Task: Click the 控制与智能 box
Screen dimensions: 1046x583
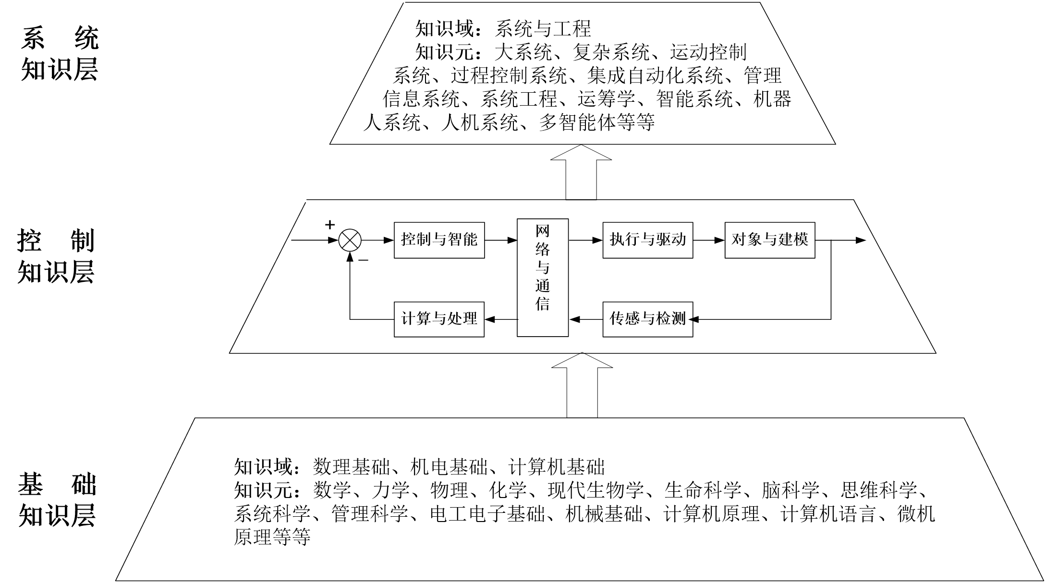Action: [x=439, y=240]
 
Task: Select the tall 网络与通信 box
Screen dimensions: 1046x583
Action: [x=543, y=278]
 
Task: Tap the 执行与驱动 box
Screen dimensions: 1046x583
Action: [x=648, y=240]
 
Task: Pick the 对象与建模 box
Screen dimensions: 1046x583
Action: [x=770, y=240]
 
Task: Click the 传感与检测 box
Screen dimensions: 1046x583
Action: [x=648, y=319]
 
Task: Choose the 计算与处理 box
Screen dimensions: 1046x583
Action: [x=439, y=319]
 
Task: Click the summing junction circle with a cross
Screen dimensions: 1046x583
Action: [x=350, y=240]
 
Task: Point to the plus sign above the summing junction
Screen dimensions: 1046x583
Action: [x=329, y=225]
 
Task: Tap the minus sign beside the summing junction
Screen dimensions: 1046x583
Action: [x=364, y=261]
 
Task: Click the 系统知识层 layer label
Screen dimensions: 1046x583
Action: [x=60, y=53]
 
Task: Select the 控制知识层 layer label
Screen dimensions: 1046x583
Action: [x=56, y=256]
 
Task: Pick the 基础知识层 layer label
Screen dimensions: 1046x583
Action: [x=58, y=499]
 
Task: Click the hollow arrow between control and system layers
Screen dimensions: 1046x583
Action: [x=581, y=172]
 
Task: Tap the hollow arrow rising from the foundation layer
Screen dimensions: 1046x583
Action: [x=582, y=385]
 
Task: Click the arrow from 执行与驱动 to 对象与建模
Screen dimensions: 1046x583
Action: [x=709, y=240]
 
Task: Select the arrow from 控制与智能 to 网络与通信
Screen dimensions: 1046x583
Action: [x=501, y=240]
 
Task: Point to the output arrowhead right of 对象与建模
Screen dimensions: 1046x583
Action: [x=861, y=240]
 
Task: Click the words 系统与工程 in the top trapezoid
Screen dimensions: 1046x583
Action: [x=543, y=29]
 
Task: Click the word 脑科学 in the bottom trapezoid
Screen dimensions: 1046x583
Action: [x=791, y=490]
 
